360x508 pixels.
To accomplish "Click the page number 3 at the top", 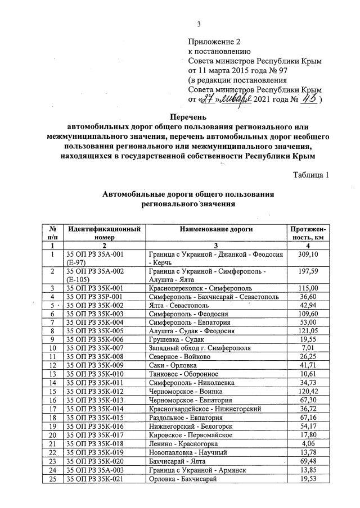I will click(199, 24).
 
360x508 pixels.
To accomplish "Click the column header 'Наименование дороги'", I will click(216, 229).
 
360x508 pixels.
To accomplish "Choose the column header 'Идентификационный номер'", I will click(103, 233).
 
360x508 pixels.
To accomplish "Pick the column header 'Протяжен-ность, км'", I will click(309, 233).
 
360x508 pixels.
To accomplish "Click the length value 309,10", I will click(309, 255).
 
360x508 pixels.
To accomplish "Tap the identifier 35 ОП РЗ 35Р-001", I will click(94, 296).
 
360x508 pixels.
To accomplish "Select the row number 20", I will click(52, 434).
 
